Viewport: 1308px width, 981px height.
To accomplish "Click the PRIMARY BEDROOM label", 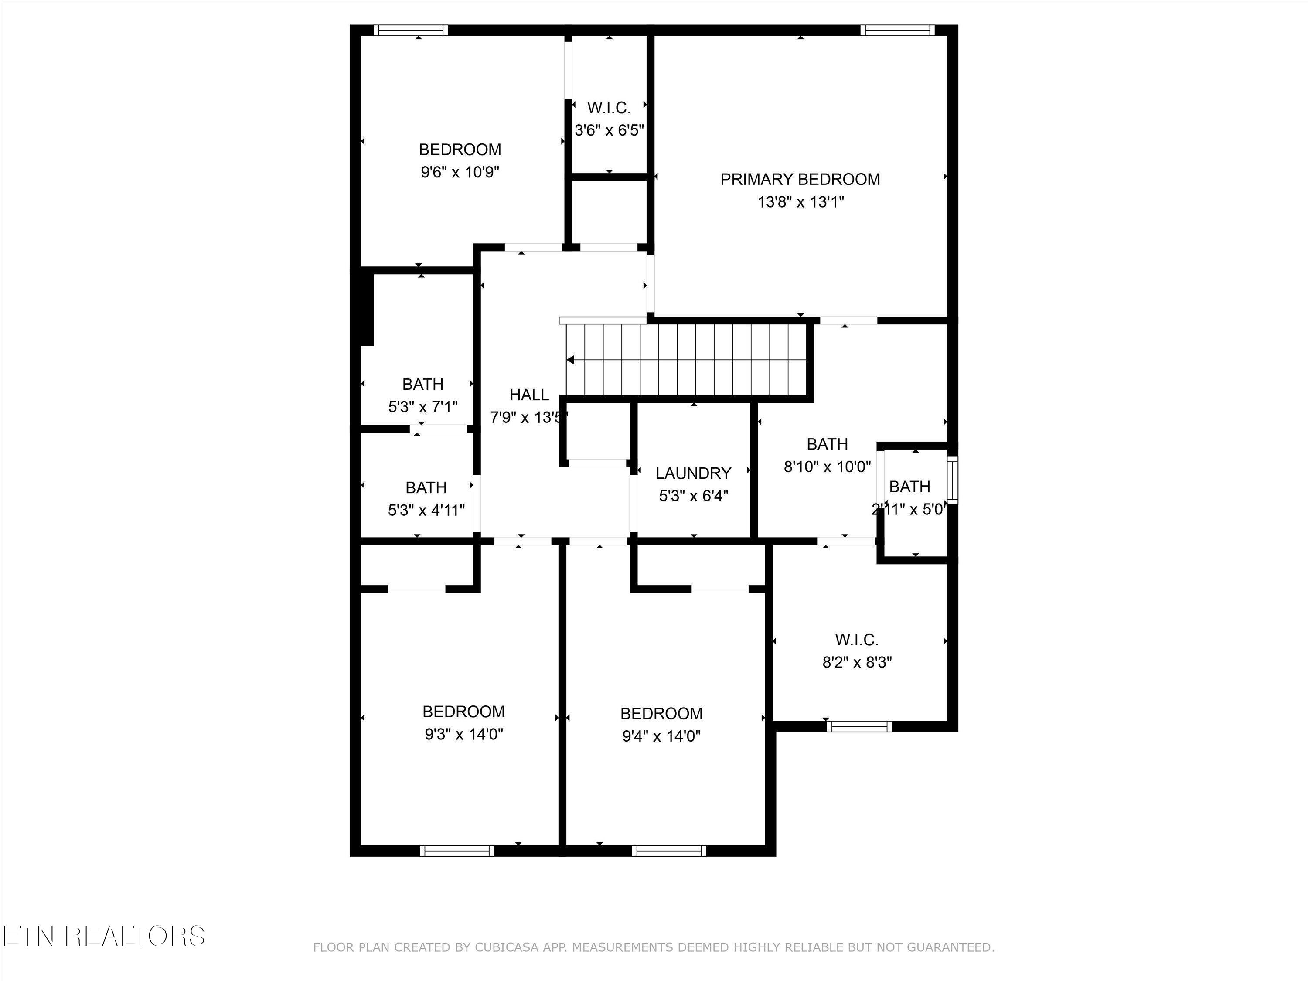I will tap(800, 179).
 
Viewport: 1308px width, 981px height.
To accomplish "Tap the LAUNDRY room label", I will tap(693, 473).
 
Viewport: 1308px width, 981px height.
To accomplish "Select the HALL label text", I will tap(528, 395).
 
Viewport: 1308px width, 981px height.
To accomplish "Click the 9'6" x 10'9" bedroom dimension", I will tap(460, 172).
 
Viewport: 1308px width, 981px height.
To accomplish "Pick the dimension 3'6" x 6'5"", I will tap(609, 130).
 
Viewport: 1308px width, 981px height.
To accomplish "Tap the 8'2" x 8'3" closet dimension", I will tap(857, 662).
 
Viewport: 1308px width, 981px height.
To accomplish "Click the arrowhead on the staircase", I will tap(571, 360).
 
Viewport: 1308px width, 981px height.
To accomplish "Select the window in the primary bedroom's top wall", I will tap(897, 30).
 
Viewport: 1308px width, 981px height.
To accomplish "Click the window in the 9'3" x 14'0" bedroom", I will tap(456, 851).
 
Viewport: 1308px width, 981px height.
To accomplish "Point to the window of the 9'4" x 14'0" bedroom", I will tap(668, 851).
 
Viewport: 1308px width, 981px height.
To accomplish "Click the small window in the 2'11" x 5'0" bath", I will tap(952, 480).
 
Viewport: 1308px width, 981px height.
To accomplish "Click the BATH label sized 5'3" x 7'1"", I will tap(423, 385).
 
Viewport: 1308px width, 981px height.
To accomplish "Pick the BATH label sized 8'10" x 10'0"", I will tap(827, 444).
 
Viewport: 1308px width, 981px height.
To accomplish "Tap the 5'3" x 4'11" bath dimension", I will tap(426, 510).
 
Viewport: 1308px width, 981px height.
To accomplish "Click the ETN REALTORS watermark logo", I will tap(103, 936).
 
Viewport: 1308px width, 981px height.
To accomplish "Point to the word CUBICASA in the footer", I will tap(507, 947).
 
